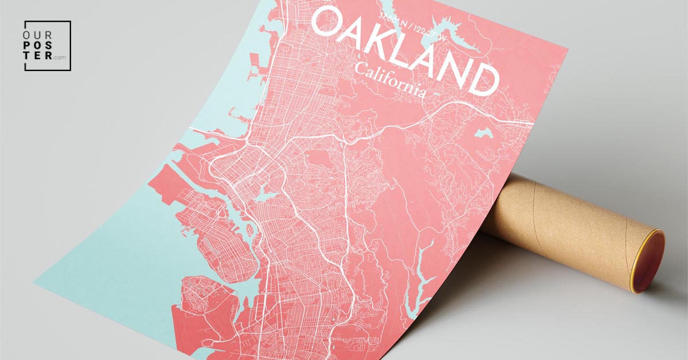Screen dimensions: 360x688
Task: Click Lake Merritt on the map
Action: pyautogui.click(x=265, y=194)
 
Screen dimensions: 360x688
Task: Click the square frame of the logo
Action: pyautogui.click(x=25, y=46)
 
